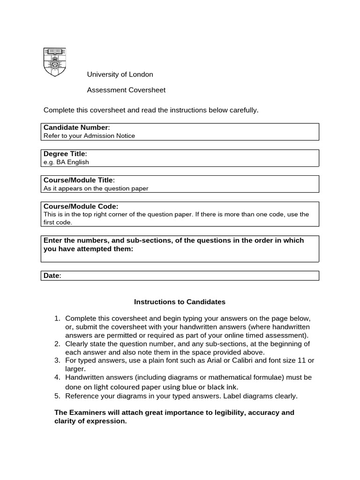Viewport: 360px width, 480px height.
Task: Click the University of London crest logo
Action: click(55, 62)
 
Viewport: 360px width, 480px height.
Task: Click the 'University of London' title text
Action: click(120, 75)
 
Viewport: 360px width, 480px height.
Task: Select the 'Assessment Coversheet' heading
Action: click(126, 90)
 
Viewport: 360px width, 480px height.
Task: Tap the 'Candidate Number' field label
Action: click(76, 127)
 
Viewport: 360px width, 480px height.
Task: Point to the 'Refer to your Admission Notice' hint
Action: click(89, 136)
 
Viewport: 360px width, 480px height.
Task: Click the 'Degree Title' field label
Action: click(65, 154)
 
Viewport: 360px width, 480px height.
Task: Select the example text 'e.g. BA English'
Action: click(66, 162)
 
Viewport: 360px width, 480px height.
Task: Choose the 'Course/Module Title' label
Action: click(78, 180)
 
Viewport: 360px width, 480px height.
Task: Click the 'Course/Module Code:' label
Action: click(81, 206)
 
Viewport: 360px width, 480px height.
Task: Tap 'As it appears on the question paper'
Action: click(96, 188)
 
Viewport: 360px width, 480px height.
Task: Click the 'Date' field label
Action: click(52, 276)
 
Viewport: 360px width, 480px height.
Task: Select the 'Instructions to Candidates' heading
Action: click(180, 302)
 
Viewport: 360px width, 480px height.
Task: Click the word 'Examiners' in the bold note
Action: click(86, 412)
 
